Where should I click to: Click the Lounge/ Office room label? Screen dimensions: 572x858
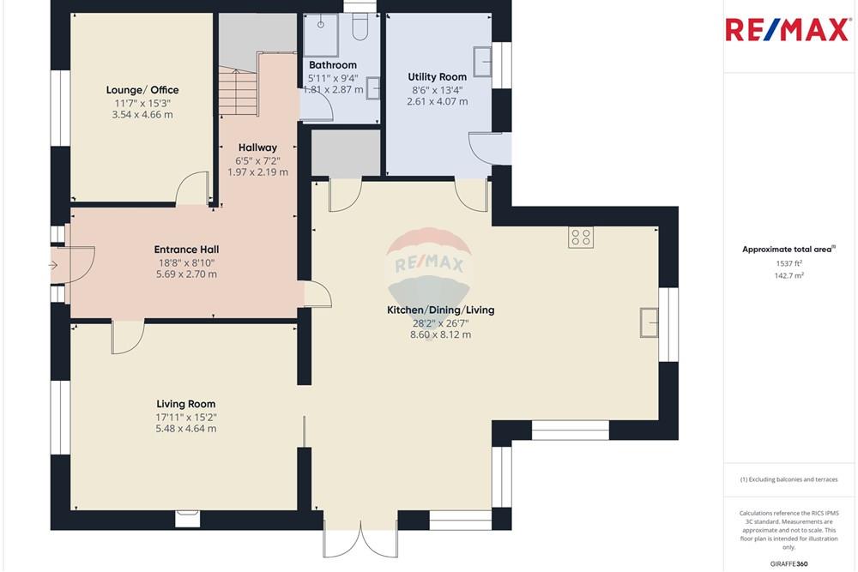coord(142,90)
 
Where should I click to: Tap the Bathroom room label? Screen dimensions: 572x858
coord(332,65)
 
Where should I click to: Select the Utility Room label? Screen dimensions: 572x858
coord(437,77)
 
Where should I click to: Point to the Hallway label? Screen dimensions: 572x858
coord(257,148)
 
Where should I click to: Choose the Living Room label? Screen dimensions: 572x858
coord(185,404)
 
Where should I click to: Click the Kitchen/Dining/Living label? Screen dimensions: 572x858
coord(441,310)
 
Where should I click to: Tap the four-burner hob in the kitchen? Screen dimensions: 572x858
coord(580,238)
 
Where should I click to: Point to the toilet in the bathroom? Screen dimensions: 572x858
coord(360,28)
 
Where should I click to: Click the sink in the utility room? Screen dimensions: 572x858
coord(484,59)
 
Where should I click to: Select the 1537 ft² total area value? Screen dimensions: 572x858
coord(789,263)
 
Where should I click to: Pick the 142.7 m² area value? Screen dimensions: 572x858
coord(789,276)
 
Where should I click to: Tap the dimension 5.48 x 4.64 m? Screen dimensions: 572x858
coord(185,429)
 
